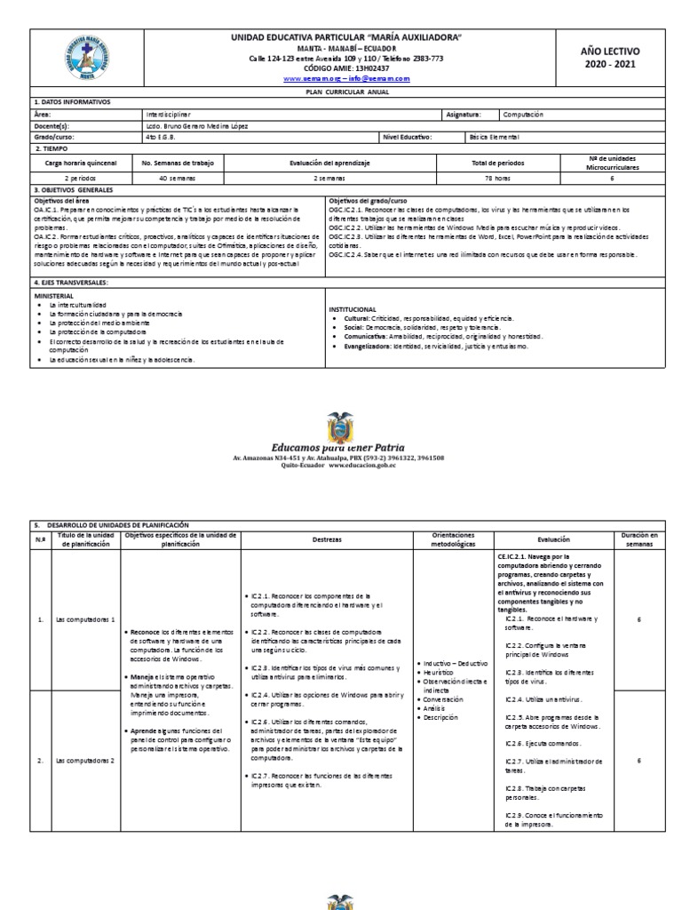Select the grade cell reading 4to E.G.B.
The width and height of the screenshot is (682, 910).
click(165, 137)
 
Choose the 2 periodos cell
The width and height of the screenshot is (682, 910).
click(79, 177)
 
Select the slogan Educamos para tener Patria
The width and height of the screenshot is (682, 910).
click(339, 448)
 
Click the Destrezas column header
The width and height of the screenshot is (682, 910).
click(326, 539)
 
